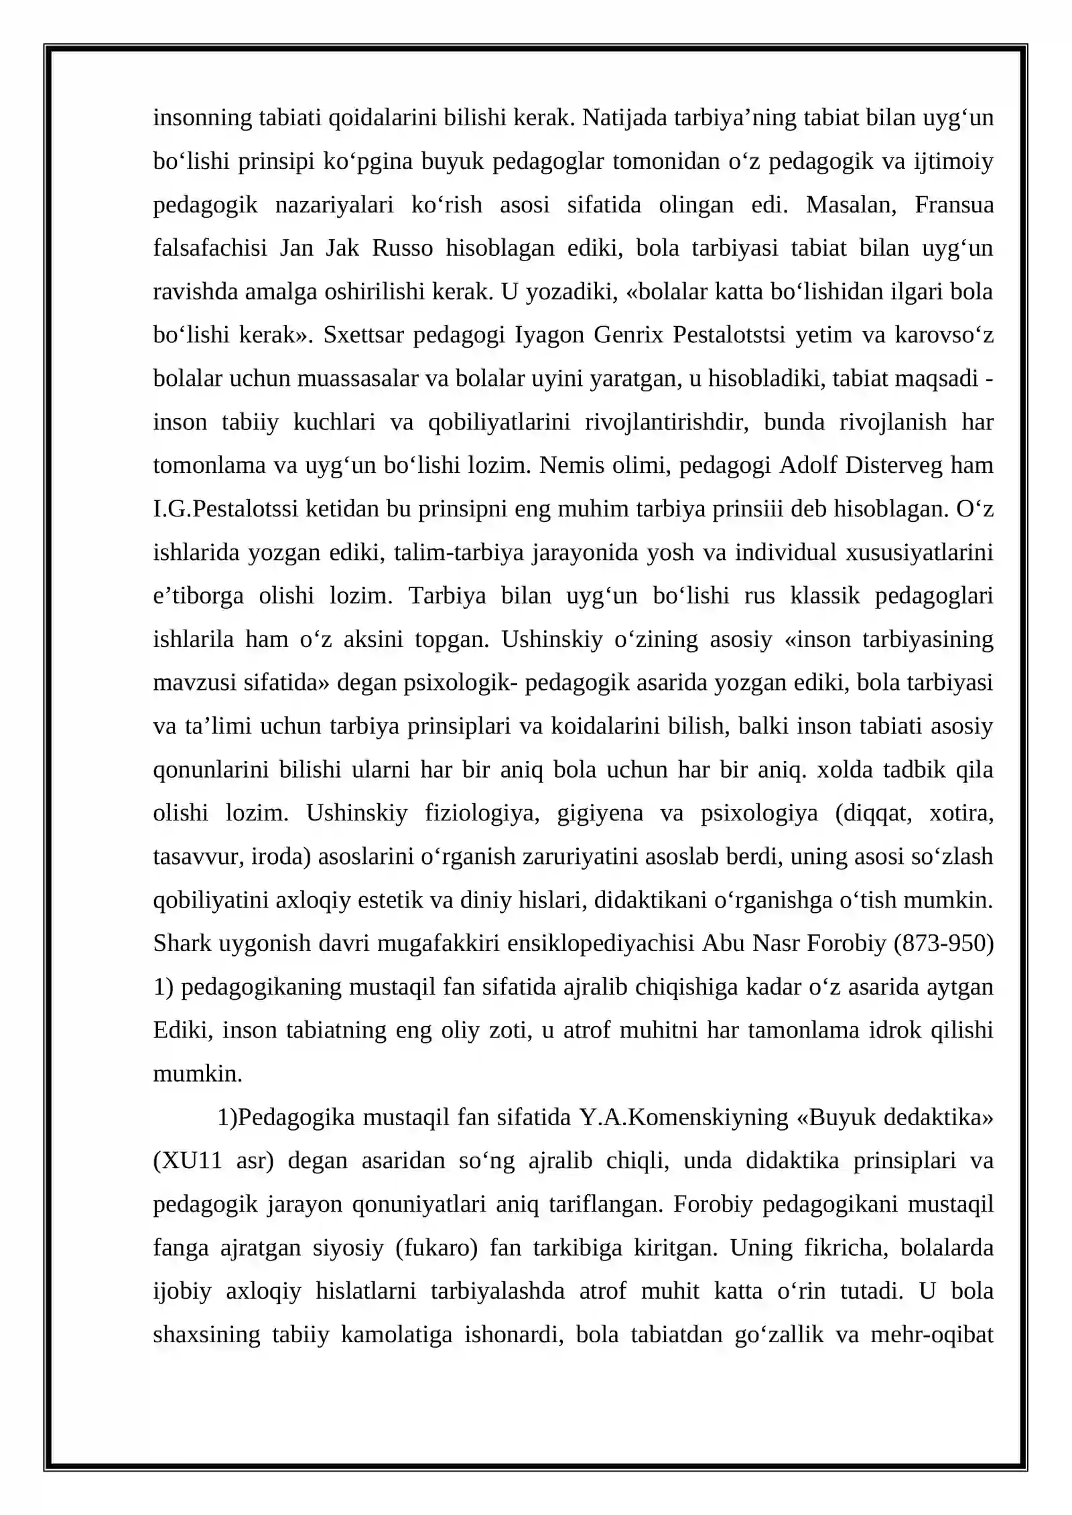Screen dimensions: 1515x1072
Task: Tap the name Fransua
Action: tap(953, 205)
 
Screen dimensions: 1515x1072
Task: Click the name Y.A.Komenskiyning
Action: tap(684, 1118)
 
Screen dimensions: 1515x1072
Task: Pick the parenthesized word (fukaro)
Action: tap(436, 1248)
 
